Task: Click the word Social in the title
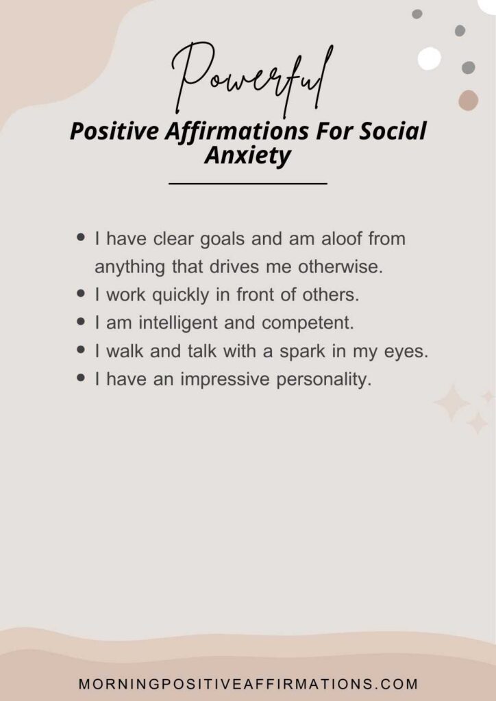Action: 393,131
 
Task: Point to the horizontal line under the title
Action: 248,183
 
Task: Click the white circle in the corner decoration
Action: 430,59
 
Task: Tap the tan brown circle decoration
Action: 469,100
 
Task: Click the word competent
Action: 308,324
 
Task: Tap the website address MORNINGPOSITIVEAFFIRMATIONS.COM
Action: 248,684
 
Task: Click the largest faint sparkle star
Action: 451,403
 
